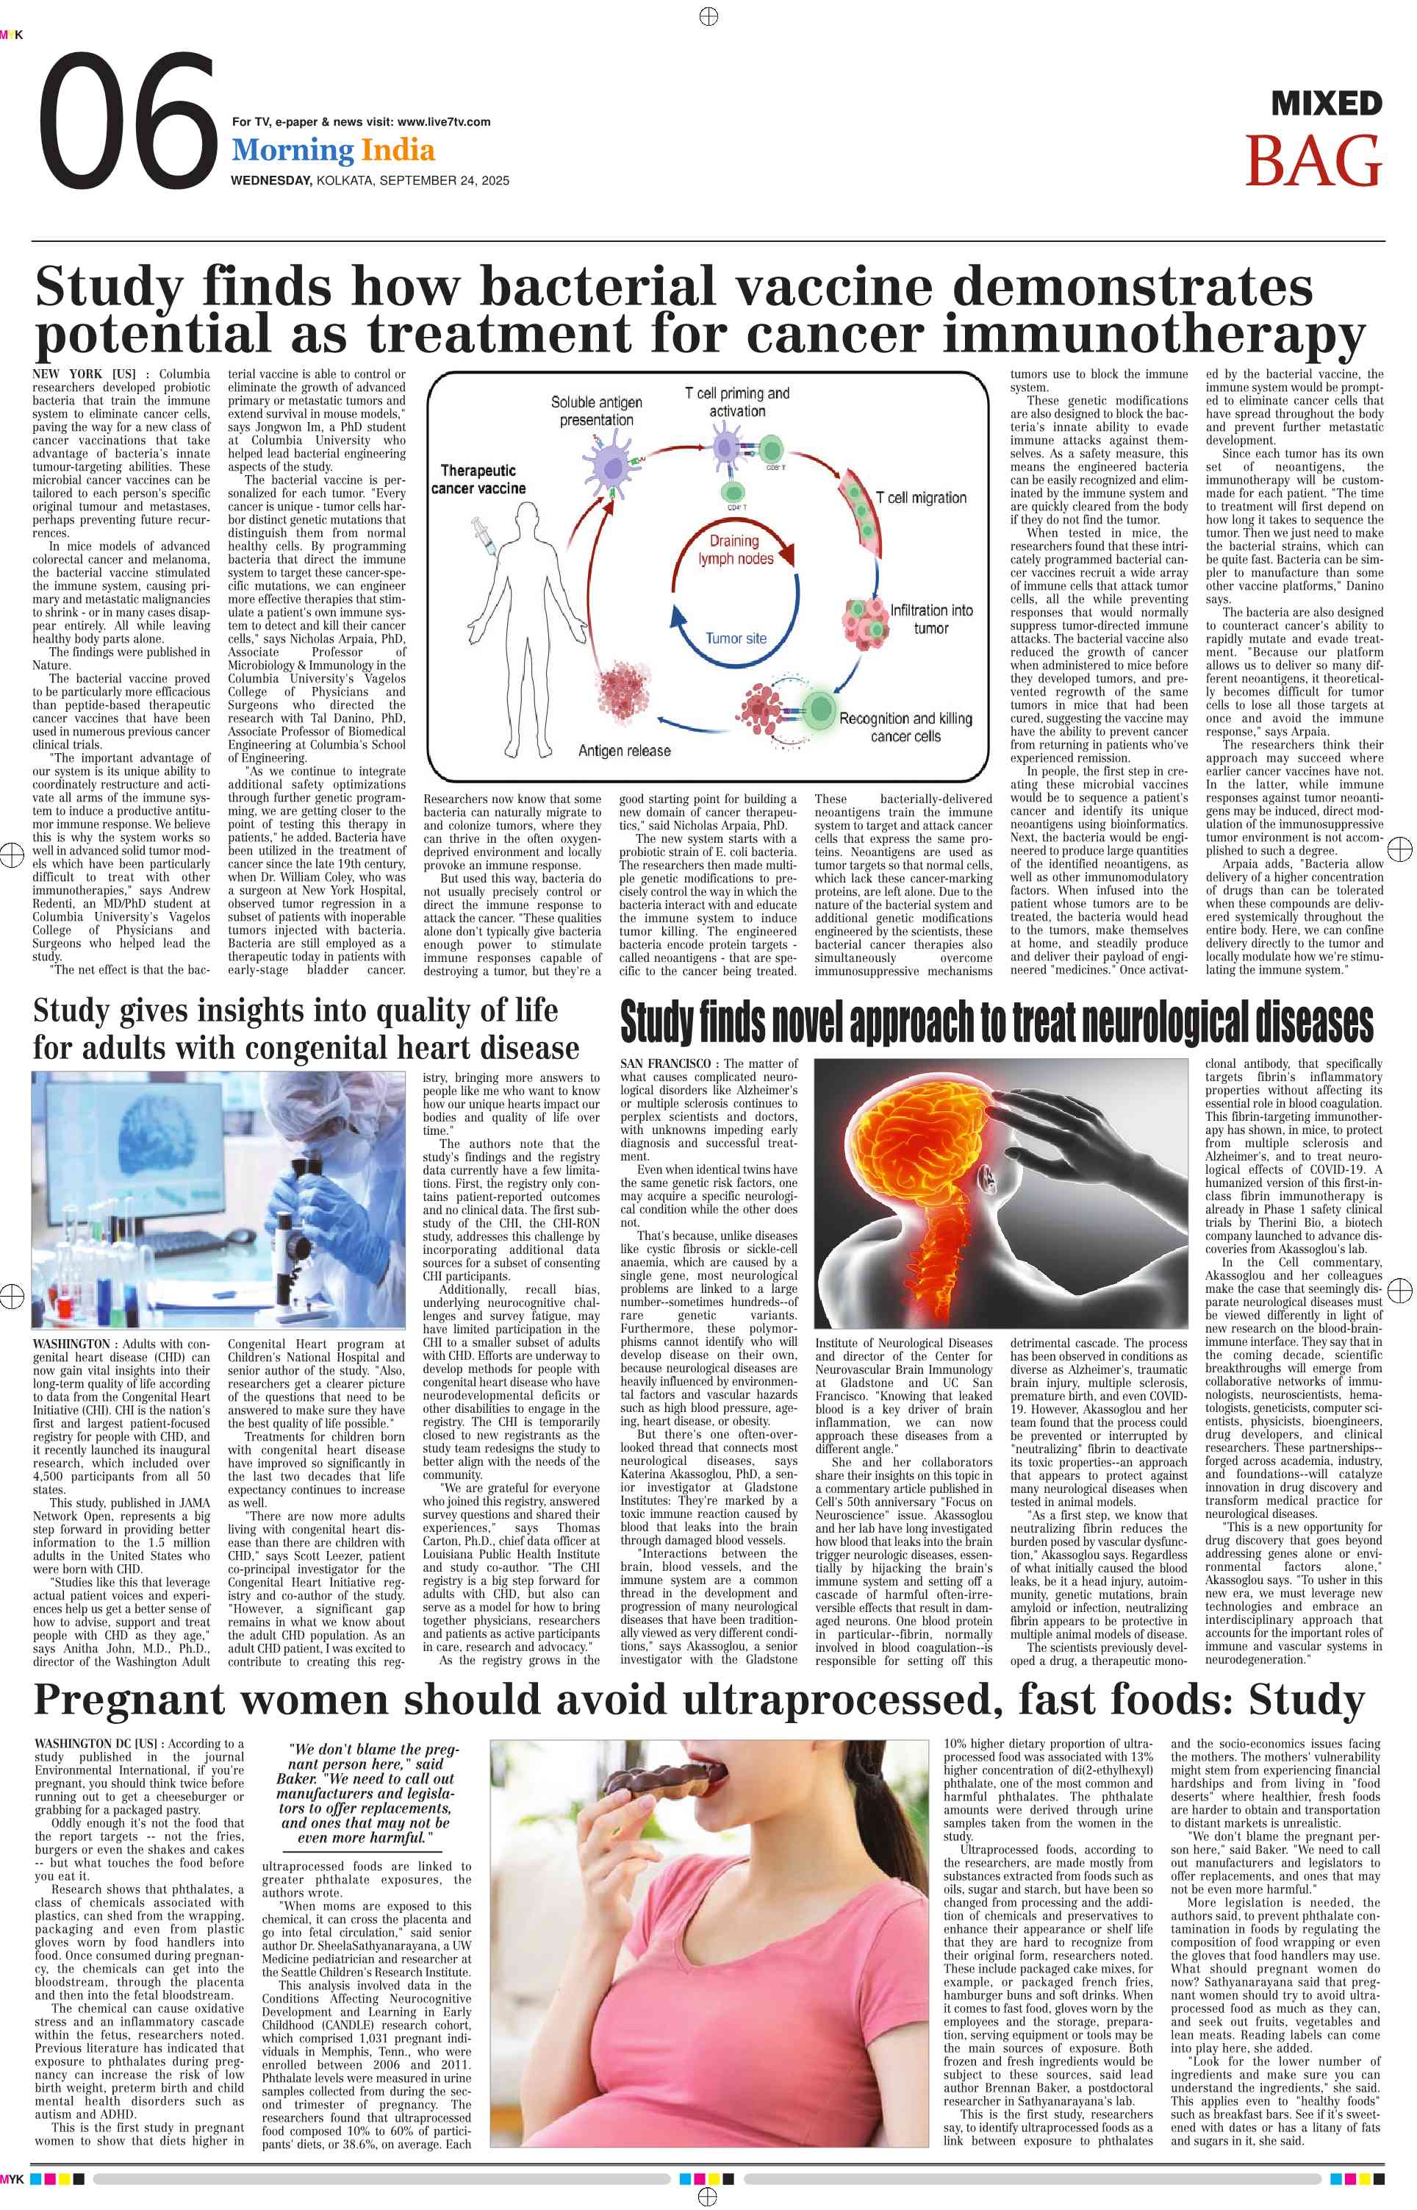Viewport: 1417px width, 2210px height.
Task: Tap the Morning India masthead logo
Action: pos(333,150)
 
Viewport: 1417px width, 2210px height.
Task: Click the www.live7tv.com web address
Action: pos(443,121)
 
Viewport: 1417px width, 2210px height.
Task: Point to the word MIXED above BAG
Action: pos(1326,104)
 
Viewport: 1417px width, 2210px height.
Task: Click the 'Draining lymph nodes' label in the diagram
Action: pos(735,549)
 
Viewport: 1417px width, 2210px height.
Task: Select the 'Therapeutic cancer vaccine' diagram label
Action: pos(478,480)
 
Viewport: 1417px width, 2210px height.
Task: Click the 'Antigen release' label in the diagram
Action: pos(624,750)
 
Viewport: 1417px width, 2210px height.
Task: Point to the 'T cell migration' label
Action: pos(920,498)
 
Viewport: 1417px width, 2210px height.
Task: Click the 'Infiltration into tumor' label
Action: pos(930,619)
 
